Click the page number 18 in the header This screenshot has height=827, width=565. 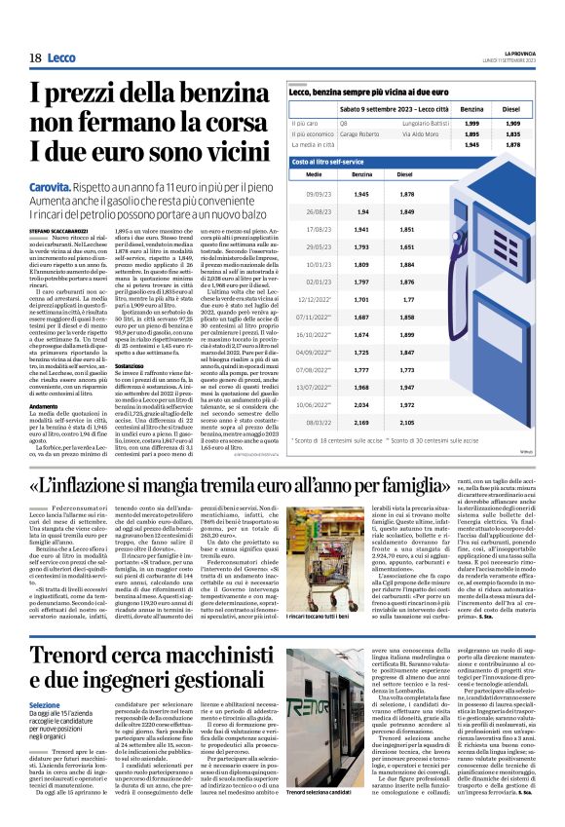click(x=35, y=58)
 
